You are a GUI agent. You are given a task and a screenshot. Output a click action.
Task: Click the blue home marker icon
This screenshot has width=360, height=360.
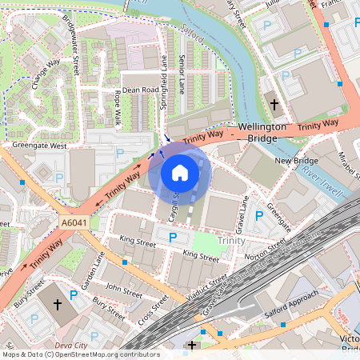[x=180, y=172]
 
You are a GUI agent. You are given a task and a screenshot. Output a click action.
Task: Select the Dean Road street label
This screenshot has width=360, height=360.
[x=140, y=90]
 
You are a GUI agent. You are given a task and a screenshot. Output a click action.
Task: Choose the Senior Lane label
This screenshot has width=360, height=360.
[x=182, y=73]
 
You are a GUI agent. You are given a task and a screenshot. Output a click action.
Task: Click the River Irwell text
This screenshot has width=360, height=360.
[x=323, y=182]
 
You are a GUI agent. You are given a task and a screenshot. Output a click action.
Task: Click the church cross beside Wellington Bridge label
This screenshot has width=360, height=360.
[x=274, y=105]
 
